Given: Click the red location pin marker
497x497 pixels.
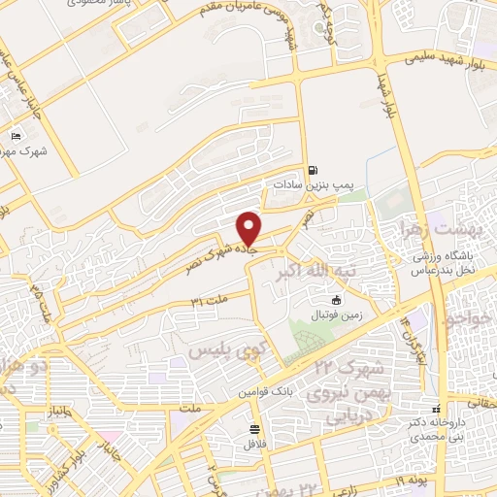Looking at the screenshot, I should pos(250,228).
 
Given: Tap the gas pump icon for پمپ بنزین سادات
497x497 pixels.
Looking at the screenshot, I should pos(312,167).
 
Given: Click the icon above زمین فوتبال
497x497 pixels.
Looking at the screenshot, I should pos(336,300).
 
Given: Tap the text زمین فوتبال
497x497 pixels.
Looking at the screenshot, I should pos(336,315).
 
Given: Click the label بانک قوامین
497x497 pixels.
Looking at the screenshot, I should pos(255,391).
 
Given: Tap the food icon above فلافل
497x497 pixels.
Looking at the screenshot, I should pos(255,428).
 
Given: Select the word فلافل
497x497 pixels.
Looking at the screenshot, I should pos(255,443).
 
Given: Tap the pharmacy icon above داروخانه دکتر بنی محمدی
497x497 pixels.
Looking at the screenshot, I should pos(436,410).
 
